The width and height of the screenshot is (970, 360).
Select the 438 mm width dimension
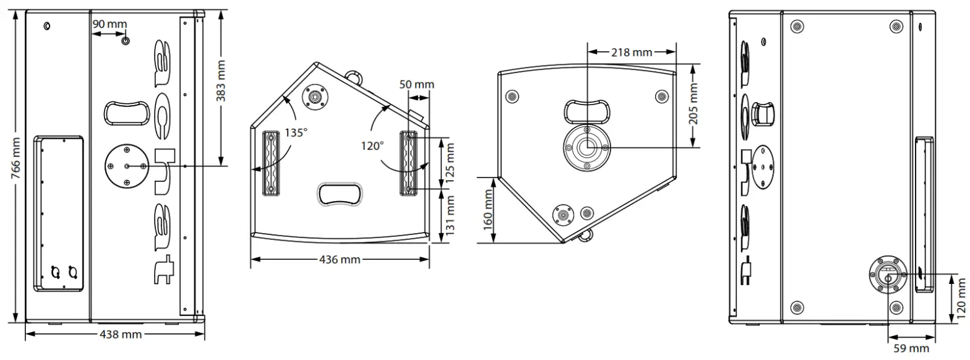[x=121, y=335]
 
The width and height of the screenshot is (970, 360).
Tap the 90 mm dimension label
[x=109, y=24]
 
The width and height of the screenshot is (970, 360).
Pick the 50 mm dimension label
[x=416, y=84]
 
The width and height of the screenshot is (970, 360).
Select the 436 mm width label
[x=340, y=260]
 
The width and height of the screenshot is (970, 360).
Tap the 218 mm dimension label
[x=632, y=53]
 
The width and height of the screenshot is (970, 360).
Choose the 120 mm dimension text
[x=961, y=298]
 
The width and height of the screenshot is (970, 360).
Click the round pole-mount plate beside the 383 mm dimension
[x=127, y=166]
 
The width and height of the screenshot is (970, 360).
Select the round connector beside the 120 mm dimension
[x=888, y=273]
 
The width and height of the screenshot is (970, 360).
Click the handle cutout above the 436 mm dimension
[x=340, y=194]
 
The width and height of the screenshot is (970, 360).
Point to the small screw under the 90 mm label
[x=126, y=41]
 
